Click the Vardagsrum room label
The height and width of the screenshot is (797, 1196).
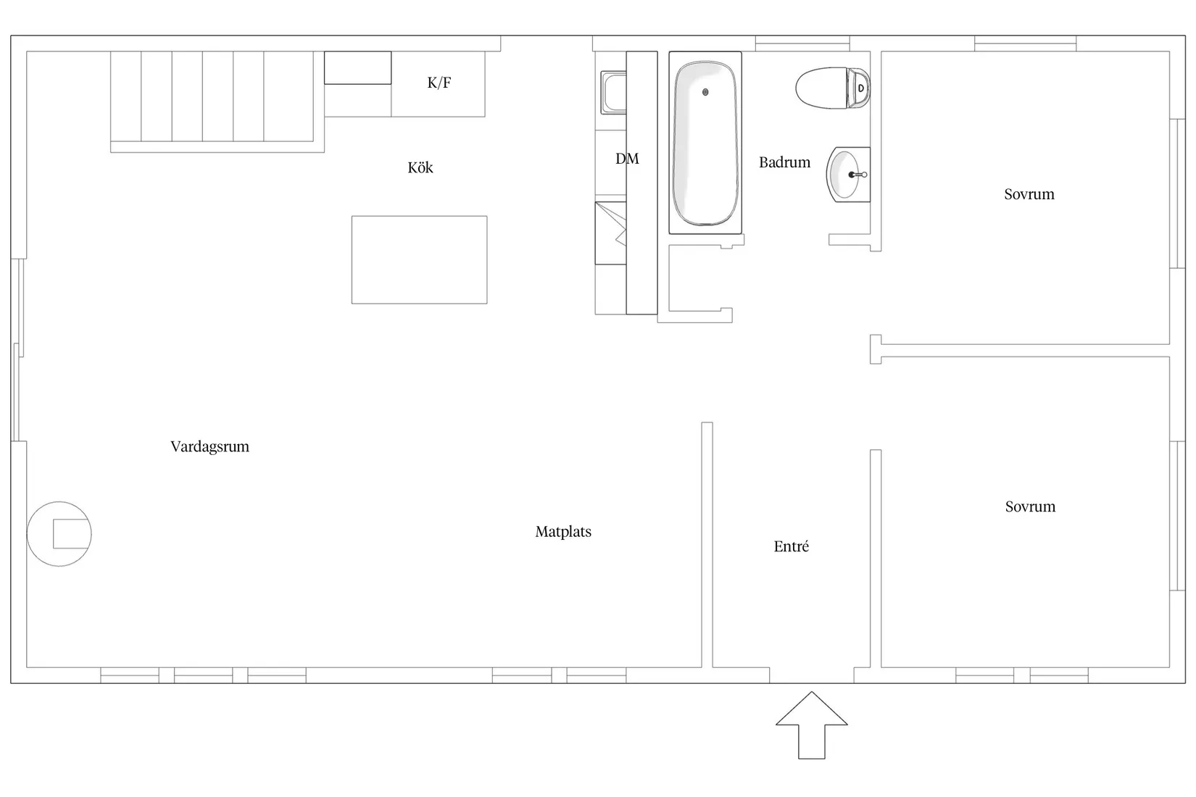pyautogui.click(x=209, y=446)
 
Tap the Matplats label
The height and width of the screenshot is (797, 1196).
pyautogui.click(x=563, y=532)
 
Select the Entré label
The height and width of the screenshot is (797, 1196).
pyautogui.click(x=792, y=546)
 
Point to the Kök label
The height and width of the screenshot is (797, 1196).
pyautogui.click(x=420, y=167)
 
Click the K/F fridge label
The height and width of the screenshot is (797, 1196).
pyautogui.click(x=439, y=83)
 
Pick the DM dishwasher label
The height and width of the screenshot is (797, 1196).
pyautogui.click(x=627, y=159)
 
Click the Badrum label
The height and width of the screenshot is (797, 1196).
pyautogui.click(x=784, y=162)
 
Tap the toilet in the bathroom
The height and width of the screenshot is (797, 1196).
pyautogui.click(x=832, y=88)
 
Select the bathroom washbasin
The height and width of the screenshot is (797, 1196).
pyautogui.click(x=848, y=175)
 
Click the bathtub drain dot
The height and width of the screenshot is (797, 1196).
pyautogui.click(x=705, y=92)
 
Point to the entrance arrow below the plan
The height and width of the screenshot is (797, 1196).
pyautogui.click(x=812, y=725)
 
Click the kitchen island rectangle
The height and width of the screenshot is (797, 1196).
pyautogui.click(x=419, y=260)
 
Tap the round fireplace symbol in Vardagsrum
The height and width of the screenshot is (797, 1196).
pyautogui.click(x=59, y=534)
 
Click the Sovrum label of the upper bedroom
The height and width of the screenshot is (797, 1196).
pyautogui.click(x=1029, y=193)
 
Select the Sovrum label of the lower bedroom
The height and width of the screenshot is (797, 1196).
pyautogui.click(x=1030, y=506)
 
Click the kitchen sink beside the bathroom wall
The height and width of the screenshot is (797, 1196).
pyautogui.click(x=613, y=92)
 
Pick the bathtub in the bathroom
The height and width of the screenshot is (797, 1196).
pyautogui.click(x=705, y=143)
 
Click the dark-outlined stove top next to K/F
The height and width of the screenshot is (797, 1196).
pyautogui.click(x=358, y=68)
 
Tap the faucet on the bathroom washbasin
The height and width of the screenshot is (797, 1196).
pyautogui.click(x=858, y=175)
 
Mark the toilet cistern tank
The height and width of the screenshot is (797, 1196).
pyautogui.click(x=858, y=88)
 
